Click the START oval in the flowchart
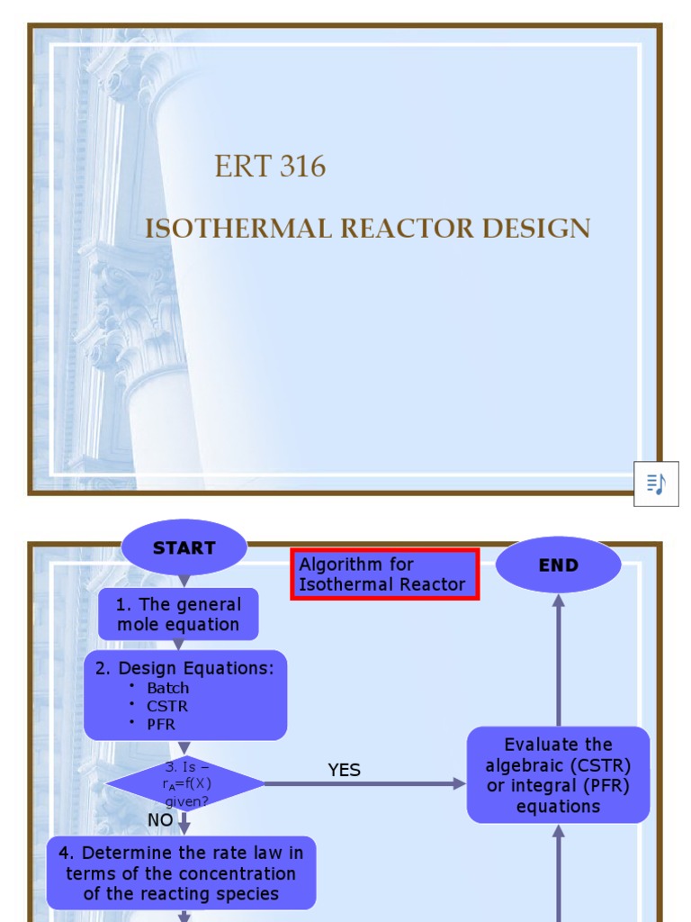[x=184, y=547]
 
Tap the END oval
[x=558, y=565]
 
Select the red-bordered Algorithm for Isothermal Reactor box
[x=384, y=574]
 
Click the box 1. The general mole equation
[x=178, y=615]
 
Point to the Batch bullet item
[x=167, y=688]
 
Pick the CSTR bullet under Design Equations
[x=166, y=706]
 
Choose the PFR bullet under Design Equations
[x=161, y=724]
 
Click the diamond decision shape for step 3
[x=185, y=783]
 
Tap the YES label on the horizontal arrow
[x=344, y=770]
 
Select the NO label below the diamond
[x=160, y=820]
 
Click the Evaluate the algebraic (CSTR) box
[x=558, y=775]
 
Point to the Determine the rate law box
[x=181, y=872]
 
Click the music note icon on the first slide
[x=656, y=484]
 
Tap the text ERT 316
[x=270, y=167]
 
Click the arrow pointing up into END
[x=558, y=657]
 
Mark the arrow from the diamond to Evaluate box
[x=365, y=784]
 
